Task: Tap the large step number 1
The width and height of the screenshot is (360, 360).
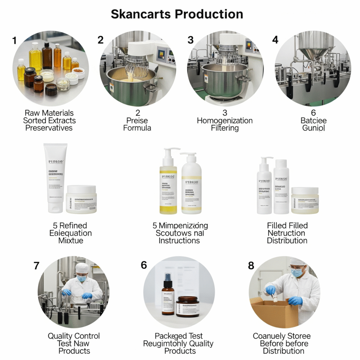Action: tap(14, 40)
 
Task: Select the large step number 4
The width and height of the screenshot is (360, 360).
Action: tap(275, 40)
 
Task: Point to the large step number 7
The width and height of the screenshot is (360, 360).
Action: tap(37, 265)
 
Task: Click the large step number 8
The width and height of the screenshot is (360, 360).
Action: tap(251, 265)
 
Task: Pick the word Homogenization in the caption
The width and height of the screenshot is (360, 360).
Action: tap(225, 121)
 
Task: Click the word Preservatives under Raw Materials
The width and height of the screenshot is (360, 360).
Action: tap(49, 128)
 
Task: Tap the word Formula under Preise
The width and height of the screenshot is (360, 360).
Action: tap(137, 128)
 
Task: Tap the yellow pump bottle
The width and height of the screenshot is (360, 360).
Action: tap(168, 183)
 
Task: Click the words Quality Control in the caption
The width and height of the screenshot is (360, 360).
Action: tap(74, 336)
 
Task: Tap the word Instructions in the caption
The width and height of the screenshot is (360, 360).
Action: tap(179, 241)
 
